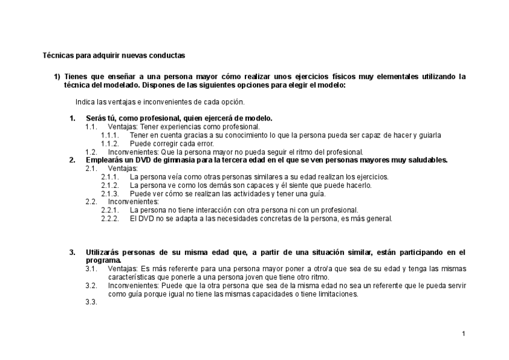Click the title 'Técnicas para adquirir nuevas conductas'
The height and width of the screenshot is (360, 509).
pos(113,55)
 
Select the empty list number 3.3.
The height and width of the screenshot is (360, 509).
pos(91,302)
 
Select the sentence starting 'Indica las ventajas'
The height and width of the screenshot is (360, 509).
pos(160,101)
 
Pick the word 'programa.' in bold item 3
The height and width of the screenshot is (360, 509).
pos(103,261)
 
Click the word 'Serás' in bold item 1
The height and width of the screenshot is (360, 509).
pos(95,118)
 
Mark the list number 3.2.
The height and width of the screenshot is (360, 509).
pos(91,286)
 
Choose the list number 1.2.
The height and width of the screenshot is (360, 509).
pos(91,152)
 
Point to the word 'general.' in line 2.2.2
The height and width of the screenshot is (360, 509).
pos(379,218)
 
